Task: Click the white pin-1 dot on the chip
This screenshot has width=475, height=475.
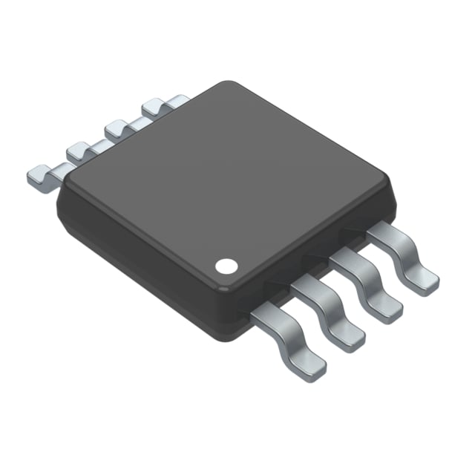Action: coord(226,265)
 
